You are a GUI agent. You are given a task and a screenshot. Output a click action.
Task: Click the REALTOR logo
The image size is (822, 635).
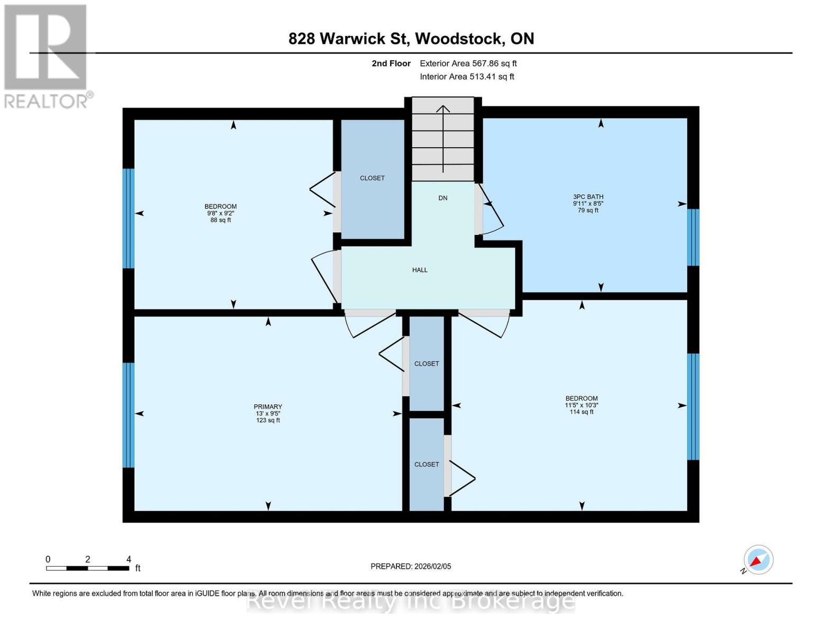(x=47, y=56)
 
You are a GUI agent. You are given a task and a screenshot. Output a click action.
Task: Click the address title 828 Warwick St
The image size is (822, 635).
(x=411, y=39)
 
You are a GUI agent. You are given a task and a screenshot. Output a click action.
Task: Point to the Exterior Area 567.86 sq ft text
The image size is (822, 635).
(x=468, y=63)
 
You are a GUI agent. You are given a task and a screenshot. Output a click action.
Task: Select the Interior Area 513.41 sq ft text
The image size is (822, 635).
(x=467, y=77)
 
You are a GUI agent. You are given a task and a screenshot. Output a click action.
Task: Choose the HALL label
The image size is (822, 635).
(x=420, y=270)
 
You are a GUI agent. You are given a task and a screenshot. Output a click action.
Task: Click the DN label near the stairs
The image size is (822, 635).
(x=442, y=198)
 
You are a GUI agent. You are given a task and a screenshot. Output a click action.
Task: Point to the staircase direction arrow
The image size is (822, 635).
(x=443, y=138)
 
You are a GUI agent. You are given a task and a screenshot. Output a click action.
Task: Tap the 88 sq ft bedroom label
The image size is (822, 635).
(x=221, y=213)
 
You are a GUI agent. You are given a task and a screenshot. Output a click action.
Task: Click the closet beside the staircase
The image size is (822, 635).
(x=372, y=178)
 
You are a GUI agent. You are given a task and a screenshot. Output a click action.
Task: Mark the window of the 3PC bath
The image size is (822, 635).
(x=693, y=237)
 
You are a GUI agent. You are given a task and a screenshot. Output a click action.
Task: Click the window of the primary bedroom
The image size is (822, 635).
(x=128, y=415)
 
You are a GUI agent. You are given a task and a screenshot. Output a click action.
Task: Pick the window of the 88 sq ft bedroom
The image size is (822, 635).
(x=128, y=218)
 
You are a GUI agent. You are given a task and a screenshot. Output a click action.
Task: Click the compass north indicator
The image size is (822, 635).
(x=758, y=560)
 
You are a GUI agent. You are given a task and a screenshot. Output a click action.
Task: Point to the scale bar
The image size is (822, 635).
(x=87, y=568)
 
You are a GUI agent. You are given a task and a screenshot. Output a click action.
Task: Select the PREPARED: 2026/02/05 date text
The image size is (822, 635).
(x=411, y=566)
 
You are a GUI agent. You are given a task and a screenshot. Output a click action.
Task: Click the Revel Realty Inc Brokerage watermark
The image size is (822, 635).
(x=411, y=601)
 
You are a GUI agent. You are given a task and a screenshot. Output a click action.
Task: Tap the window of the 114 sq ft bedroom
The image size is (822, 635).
(x=693, y=406)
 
